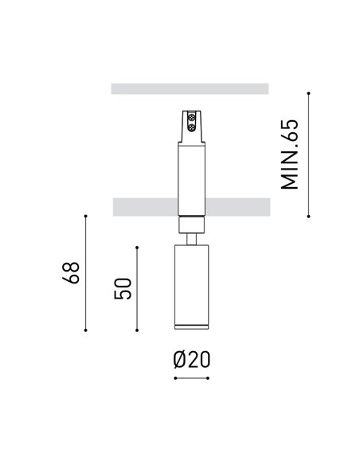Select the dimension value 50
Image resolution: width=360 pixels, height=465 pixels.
123,288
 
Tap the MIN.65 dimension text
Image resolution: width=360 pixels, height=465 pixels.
290,154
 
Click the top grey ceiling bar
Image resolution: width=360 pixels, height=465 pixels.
190,88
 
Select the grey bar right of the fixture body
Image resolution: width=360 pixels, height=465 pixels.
238,207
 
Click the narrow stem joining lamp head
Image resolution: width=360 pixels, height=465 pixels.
190,237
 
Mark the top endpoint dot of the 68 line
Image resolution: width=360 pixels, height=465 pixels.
85,215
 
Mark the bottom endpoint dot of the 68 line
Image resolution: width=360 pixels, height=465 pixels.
85,330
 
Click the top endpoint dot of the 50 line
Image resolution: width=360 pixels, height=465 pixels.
138,248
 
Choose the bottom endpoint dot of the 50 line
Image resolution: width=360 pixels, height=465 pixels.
138,330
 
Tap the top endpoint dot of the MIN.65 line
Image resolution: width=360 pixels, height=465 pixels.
309,94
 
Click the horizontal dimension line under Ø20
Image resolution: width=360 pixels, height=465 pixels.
191,377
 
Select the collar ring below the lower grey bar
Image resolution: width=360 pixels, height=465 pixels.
190,222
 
